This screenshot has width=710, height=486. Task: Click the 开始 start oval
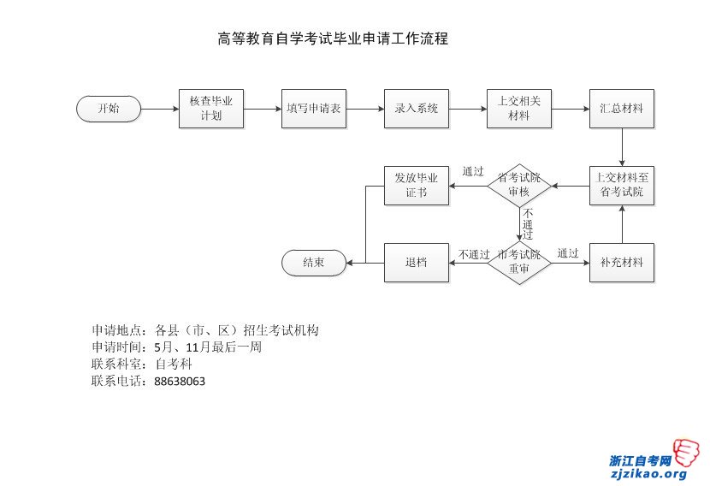109,109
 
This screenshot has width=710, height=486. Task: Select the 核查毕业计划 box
211,109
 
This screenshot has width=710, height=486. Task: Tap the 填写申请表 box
314,109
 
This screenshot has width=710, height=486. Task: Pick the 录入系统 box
417,109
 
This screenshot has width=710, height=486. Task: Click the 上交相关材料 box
519,109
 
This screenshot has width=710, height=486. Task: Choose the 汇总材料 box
622,109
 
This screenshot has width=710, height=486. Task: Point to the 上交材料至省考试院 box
622,186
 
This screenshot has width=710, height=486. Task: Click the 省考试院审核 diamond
519,186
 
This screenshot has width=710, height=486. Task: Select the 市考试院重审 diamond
519,262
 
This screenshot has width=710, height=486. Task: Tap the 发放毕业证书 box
417,186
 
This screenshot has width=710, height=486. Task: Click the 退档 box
417,263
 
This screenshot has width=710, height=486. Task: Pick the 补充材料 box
622,263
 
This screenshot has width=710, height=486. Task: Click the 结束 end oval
314,263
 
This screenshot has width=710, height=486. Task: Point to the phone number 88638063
180,382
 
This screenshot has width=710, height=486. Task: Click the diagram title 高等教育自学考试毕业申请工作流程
334,39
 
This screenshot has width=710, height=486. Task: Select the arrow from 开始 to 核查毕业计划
160,109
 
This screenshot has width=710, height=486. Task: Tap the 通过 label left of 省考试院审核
473,171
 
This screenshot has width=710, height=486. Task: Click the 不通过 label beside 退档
473,254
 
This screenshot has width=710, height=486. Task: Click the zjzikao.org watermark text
648,474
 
